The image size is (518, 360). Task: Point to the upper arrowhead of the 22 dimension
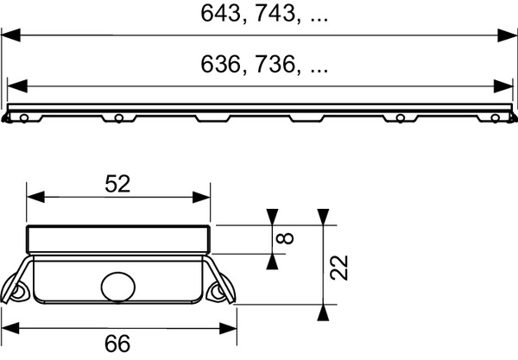pos(321,217)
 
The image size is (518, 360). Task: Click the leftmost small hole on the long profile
pos(26,117)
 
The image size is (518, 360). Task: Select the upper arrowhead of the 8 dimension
pos(273,217)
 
